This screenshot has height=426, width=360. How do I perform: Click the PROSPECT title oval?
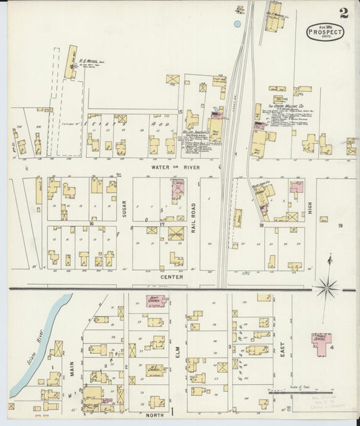325,31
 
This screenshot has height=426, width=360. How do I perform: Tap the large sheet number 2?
344,13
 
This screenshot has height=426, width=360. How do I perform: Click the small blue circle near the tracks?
237,24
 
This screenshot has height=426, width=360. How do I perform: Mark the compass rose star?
328,287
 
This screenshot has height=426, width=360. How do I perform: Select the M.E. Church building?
155,370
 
